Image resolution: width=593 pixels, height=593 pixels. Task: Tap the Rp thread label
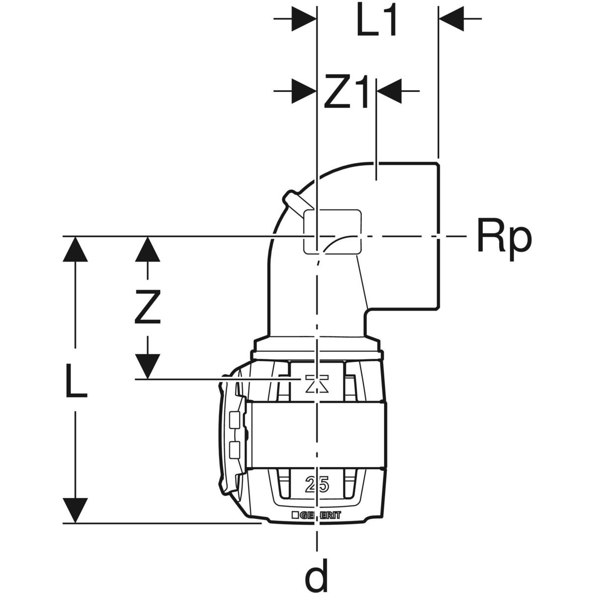click(504, 238)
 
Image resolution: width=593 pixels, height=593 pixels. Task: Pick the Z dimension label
click(148, 306)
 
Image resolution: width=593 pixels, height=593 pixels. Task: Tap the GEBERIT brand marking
click(322, 514)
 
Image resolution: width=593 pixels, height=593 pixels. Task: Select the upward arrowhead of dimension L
click(75, 250)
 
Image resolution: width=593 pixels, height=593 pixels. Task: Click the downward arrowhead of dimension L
click(75, 509)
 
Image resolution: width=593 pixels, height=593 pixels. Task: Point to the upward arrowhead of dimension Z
click(148, 250)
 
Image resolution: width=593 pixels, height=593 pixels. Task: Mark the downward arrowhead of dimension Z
click(148, 366)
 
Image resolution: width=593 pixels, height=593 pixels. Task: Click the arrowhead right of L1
click(451, 20)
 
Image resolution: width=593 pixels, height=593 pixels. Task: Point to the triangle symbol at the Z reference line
click(317, 384)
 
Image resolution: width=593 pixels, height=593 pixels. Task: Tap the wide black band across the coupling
click(316, 433)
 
